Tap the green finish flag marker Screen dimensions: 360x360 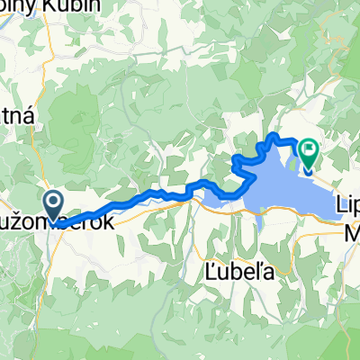(x=309, y=154)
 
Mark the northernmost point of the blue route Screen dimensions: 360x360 (x=274, y=136)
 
